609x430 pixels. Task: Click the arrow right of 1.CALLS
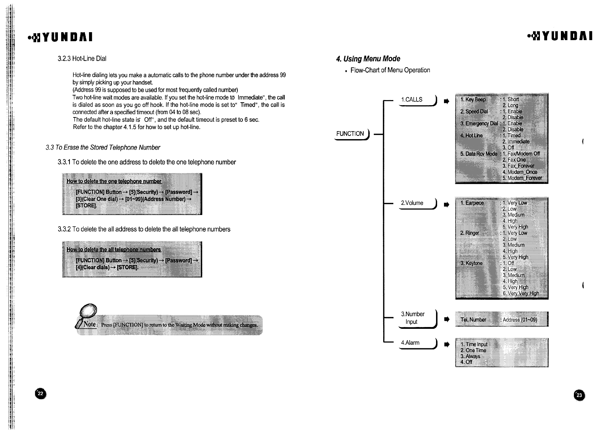[x=446, y=102]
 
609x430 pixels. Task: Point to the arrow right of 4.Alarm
[x=446, y=345]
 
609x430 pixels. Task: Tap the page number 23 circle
[x=579, y=395]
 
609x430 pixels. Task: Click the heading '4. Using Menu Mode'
[x=368, y=59]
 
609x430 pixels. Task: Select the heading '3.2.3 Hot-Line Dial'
[x=82, y=59]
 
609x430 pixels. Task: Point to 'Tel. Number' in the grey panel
[x=473, y=320]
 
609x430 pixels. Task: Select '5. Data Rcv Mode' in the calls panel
[x=478, y=154]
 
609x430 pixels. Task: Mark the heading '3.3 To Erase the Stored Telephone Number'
[x=103, y=147]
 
